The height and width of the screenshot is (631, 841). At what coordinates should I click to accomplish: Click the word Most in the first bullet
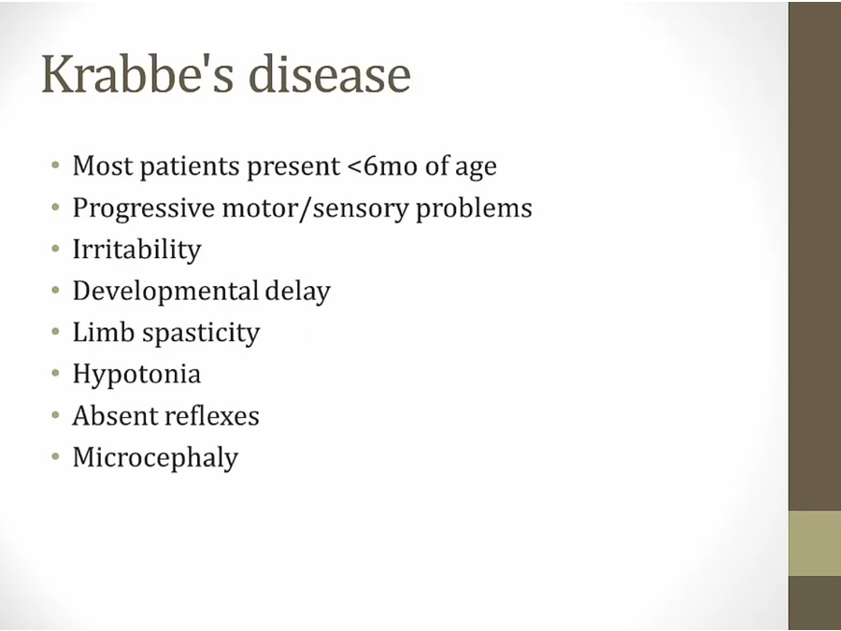tap(103, 165)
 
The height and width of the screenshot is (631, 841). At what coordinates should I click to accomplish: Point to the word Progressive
tap(144, 208)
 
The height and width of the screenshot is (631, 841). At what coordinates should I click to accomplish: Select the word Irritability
tap(136, 250)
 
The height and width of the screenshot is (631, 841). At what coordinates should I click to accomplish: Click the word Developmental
tap(165, 292)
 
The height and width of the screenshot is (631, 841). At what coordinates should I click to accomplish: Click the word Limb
tap(103, 333)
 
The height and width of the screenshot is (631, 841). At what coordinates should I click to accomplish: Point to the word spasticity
tap(201, 334)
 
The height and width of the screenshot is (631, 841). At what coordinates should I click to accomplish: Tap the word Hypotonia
tap(136, 375)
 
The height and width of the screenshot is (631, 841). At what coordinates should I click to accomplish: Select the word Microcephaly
tap(155, 458)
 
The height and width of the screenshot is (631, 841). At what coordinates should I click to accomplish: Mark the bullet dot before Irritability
tap(55, 248)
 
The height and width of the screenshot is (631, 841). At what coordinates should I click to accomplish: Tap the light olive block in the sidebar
tap(815, 543)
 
